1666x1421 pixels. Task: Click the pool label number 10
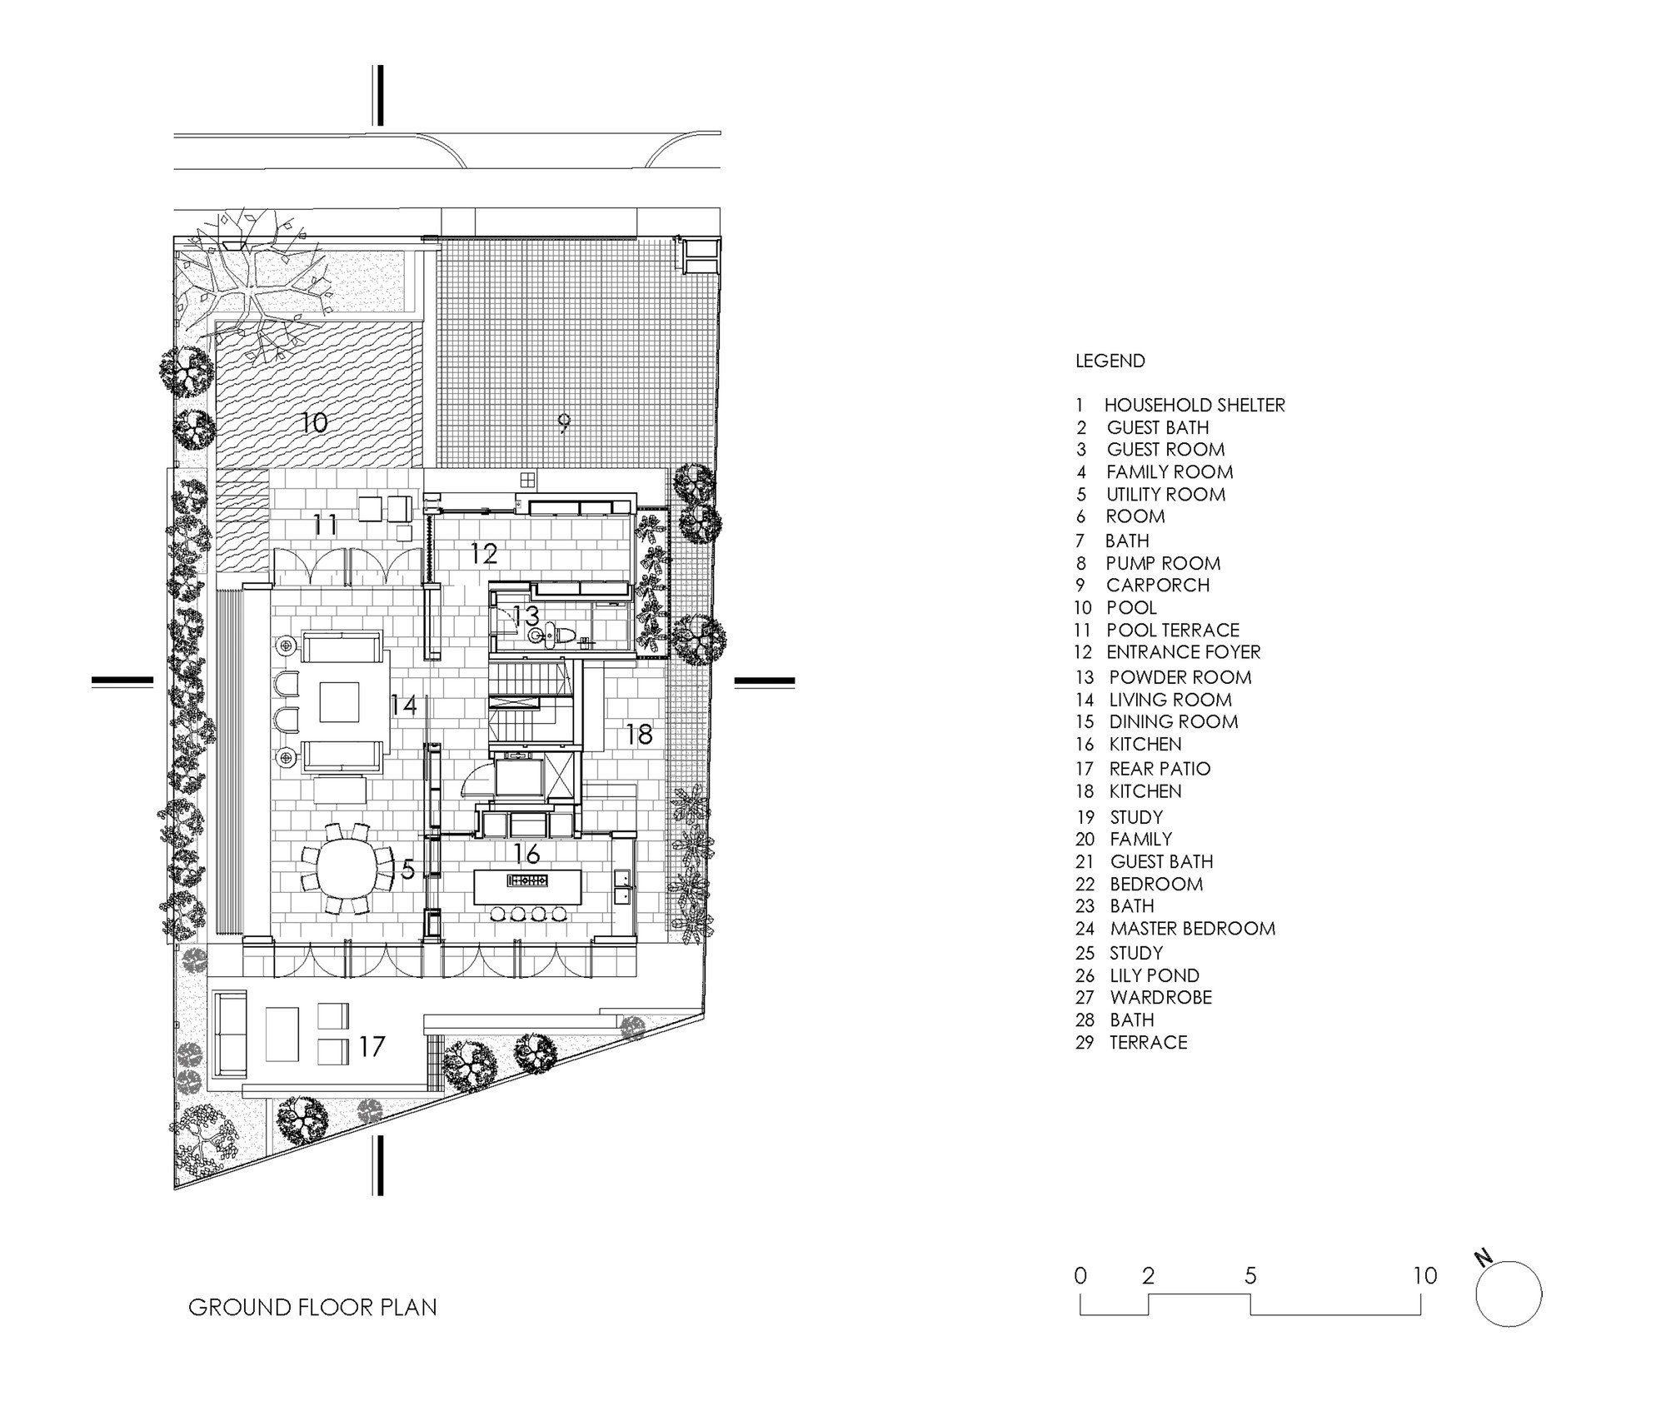pos(313,422)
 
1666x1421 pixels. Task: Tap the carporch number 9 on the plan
pos(564,424)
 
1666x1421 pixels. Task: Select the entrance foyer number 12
pos(484,553)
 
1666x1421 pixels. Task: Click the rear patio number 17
pos(372,1045)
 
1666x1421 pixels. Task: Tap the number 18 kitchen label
pos(639,734)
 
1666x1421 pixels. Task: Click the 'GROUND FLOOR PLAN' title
pos(312,1307)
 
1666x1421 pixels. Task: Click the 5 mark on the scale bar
pos(1250,1275)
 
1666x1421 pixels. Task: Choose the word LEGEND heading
pos(1110,361)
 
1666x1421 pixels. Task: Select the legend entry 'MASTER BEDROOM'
pos(1193,928)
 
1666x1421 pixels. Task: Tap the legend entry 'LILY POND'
pos(1155,975)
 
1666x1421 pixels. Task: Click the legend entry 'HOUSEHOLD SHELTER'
pos(1195,405)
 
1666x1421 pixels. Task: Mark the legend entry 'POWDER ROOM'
pos(1180,677)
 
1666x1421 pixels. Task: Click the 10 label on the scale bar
pos(1425,1275)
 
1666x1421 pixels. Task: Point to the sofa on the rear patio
pos(229,1032)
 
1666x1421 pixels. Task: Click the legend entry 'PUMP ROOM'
pos(1163,563)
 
